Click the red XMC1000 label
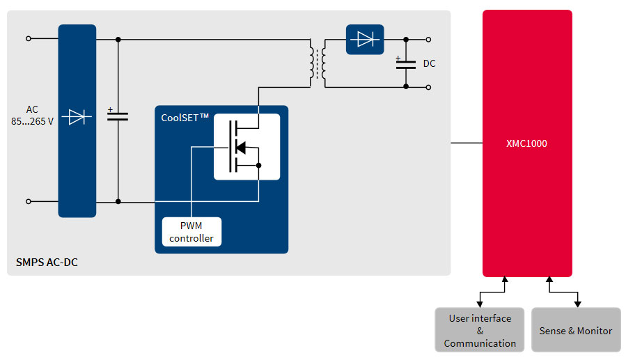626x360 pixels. pyautogui.click(x=526, y=144)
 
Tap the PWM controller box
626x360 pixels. pyautogui.click(x=191, y=232)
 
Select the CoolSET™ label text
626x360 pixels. pyautogui.click(x=185, y=118)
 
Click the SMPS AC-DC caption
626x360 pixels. pyautogui.click(x=46, y=263)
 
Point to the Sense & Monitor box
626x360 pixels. pyautogui.click(x=576, y=330)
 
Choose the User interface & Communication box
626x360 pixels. pyautogui.click(x=480, y=330)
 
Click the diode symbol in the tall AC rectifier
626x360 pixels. pyautogui.click(x=77, y=117)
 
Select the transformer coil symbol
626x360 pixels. pyautogui.click(x=318, y=63)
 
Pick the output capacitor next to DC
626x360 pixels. pyautogui.click(x=406, y=64)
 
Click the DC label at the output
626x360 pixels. pyautogui.click(x=430, y=64)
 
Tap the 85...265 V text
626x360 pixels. pyautogui.click(x=33, y=121)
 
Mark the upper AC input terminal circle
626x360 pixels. pyautogui.click(x=29, y=39)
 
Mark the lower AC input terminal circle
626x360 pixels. pyautogui.click(x=29, y=201)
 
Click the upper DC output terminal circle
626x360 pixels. pyautogui.click(x=428, y=40)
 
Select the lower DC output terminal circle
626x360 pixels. pyautogui.click(x=428, y=87)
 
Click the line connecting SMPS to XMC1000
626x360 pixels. pyautogui.click(x=467, y=143)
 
